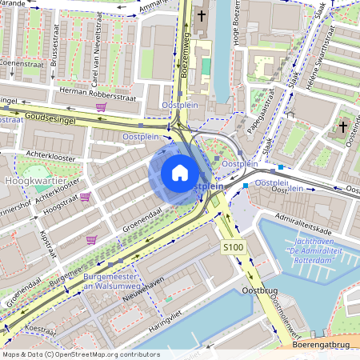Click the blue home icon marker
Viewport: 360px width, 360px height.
[180, 173]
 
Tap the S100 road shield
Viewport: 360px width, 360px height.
[234, 248]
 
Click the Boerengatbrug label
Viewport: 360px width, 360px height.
[320, 345]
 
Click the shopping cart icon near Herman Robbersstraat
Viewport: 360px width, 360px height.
[101, 106]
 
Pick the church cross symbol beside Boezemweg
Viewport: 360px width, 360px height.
[202, 15]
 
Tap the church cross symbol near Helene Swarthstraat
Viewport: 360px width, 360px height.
[343, 126]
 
